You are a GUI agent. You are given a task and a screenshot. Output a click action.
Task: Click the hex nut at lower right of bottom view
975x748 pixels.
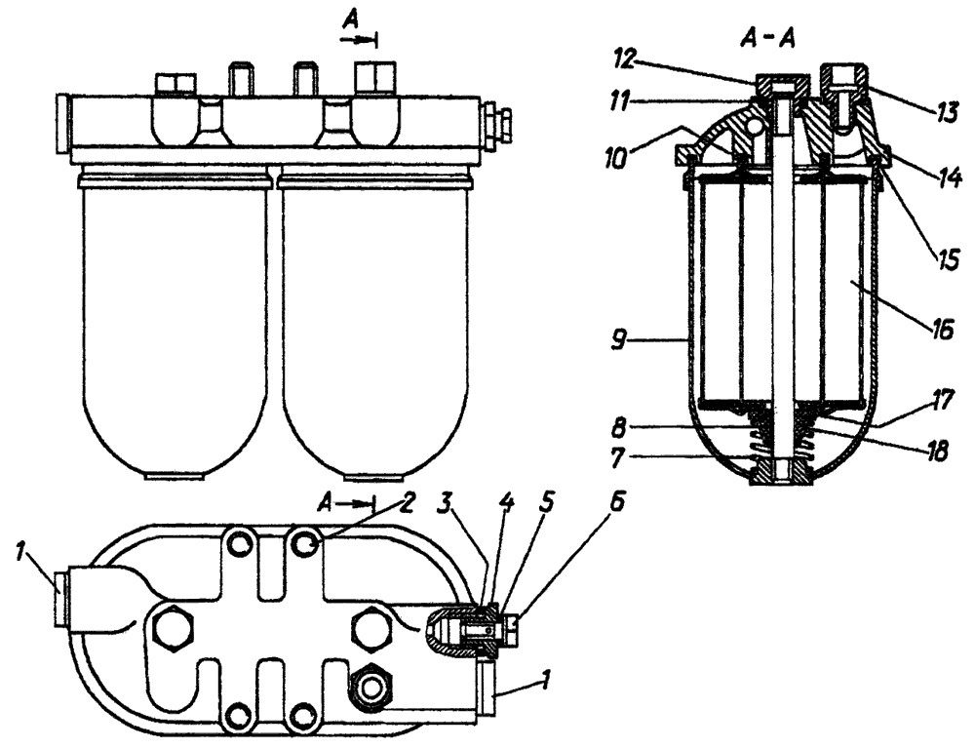click(370, 688)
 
